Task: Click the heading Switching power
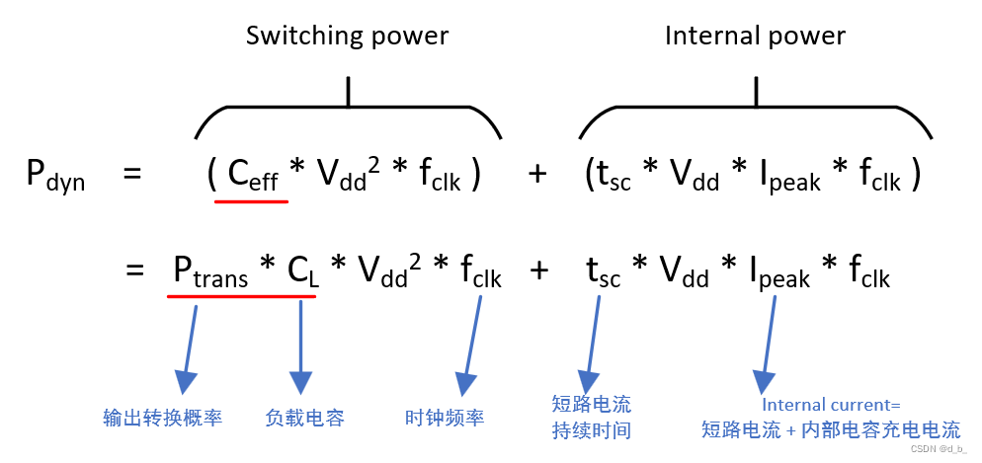tap(347, 37)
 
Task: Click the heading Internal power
tap(755, 37)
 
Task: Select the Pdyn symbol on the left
tap(54, 177)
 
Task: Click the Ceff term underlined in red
tap(252, 175)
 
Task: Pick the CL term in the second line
tap(302, 270)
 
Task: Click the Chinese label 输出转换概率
tap(163, 418)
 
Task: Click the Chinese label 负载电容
tap(304, 418)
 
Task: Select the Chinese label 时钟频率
tap(445, 418)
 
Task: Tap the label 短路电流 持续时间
tap(591, 417)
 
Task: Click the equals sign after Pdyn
tap(132, 175)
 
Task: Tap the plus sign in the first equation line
tap(537, 175)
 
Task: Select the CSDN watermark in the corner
tap(938, 449)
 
